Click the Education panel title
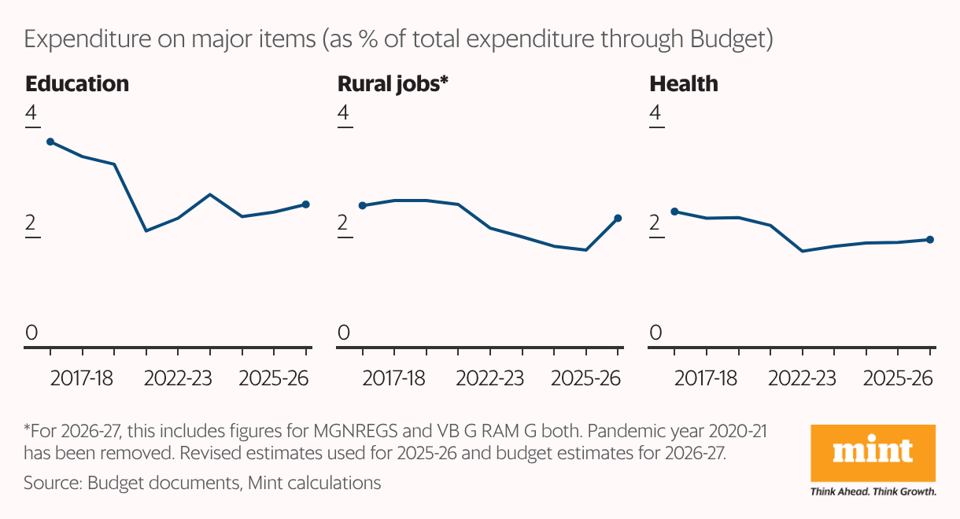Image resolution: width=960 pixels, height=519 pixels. coord(76,83)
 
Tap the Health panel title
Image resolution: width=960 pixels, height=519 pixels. coord(683,83)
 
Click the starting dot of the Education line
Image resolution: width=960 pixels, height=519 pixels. coord(50,142)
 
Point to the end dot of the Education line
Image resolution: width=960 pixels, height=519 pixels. coord(306,204)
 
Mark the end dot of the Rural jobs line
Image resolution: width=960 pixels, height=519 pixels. coord(618,218)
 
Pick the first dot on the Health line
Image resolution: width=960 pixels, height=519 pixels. coord(674,212)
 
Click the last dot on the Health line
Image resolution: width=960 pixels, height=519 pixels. coord(929,239)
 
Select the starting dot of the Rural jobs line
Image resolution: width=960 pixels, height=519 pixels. coord(362,205)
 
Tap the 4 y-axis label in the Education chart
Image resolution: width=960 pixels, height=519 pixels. coord(31,114)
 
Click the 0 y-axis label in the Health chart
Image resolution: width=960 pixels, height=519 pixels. coord(655,333)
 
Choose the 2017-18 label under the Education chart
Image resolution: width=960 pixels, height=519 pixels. coord(82,378)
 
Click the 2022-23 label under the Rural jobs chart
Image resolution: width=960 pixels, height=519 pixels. coord(489,378)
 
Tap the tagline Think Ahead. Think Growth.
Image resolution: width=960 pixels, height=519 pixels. coord(873,491)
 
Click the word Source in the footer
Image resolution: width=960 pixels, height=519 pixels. coord(50,482)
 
